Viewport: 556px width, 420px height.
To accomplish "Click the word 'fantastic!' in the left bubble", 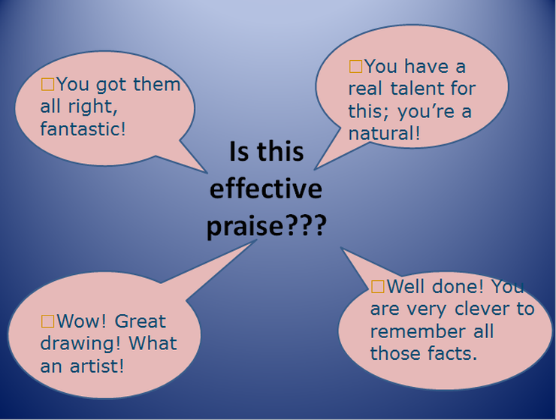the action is (83, 128).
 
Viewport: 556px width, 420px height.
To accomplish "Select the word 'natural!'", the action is (385, 134).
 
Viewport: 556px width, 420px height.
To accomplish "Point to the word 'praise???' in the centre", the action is (266, 226).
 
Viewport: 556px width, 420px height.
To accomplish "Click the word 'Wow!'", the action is (82, 321).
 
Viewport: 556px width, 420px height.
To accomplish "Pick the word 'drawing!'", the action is (81, 344).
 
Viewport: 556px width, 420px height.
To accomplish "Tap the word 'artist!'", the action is (97, 366).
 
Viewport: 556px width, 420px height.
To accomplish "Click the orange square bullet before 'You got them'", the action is (48, 84).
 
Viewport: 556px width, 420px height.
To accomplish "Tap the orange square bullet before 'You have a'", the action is (355, 66).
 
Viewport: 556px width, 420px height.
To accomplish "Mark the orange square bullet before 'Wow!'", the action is (48, 321).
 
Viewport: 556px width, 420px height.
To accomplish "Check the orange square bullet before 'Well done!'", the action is (378, 286).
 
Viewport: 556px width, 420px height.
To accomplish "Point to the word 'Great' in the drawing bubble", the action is (140, 321).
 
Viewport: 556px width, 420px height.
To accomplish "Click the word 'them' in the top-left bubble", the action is (157, 84).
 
